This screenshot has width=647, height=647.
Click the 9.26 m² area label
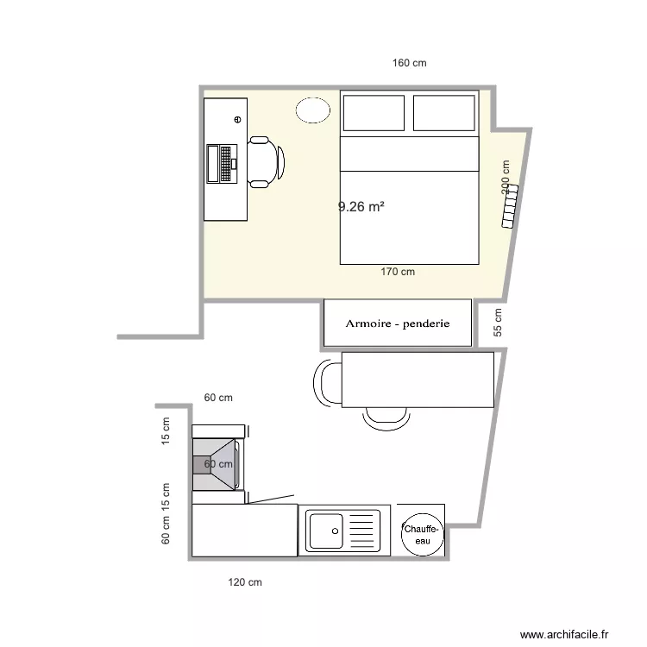pyautogui.click(x=361, y=206)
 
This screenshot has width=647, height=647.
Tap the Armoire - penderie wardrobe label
pyautogui.click(x=398, y=324)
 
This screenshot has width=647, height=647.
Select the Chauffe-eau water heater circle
pyautogui.click(x=422, y=533)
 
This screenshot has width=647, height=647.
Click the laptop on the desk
pyautogui.click(x=222, y=163)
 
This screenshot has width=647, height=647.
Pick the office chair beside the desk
pyautogui.click(x=266, y=161)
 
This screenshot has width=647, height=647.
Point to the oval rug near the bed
pyautogui.click(x=313, y=110)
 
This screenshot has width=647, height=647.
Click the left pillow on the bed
pyautogui.click(x=374, y=113)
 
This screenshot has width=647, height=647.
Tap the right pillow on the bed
pyautogui.click(x=443, y=113)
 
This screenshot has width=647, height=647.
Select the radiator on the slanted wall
pyautogui.click(x=510, y=206)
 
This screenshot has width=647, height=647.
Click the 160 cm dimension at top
pyautogui.click(x=410, y=63)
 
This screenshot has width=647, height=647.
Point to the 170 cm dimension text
pyautogui.click(x=398, y=272)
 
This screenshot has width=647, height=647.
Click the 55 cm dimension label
pyautogui.click(x=498, y=322)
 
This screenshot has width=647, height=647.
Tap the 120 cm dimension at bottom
pyautogui.click(x=245, y=582)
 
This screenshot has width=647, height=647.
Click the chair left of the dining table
pyautogui.click(x=327, y=381)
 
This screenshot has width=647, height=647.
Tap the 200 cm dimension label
pyautogui.click(x=505, y=177)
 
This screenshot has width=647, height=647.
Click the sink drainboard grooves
pyautogui.click(x=363, y=529)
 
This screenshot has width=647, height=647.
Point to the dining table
pyautogui.click(x=418, y=379)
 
